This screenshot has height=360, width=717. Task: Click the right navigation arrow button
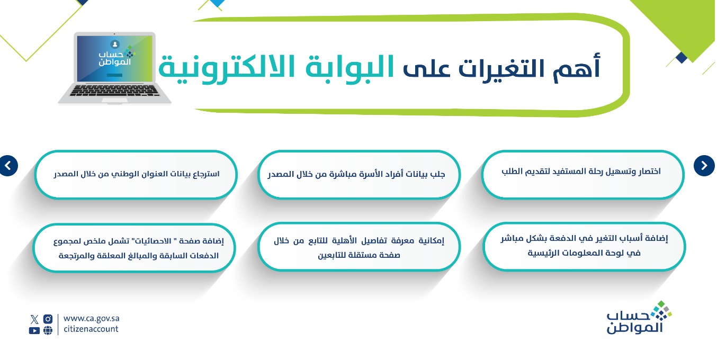pyautogui.click(x=704, y=165)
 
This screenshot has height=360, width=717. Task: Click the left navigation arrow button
pyautogui.click(x=8, y=165)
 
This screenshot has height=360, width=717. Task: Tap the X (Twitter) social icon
pyautogui.click(x=34, y=319)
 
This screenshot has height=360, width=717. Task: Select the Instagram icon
pyautogui.click(x=48, y=319)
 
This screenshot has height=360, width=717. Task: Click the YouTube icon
pyautogui.click(x=34, y=330)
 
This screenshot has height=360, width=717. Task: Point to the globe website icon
pyautogui.click(x=48, y=330)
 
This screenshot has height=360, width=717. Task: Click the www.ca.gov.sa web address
pyautogui.click(x=91, y=319)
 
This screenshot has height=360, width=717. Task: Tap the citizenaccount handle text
pyautogui.click(x=91, y=329)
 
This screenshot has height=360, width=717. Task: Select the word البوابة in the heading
pyautogui.click(x=349, y=67)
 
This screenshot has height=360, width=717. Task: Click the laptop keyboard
pyautogui.click(x=114, y=91)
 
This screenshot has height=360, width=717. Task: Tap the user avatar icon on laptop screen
pyautogui.click(x=114, y=44)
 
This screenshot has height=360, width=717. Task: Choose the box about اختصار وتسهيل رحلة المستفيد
pyautogui.click(x=582, y=175)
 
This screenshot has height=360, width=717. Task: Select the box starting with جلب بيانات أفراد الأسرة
pyautogui.click(x=359, y=175)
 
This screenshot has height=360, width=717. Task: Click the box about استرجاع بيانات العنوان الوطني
pyautogui.click(x=136, y=175)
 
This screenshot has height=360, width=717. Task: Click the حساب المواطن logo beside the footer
pyautogui.click(x=639, y=318)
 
